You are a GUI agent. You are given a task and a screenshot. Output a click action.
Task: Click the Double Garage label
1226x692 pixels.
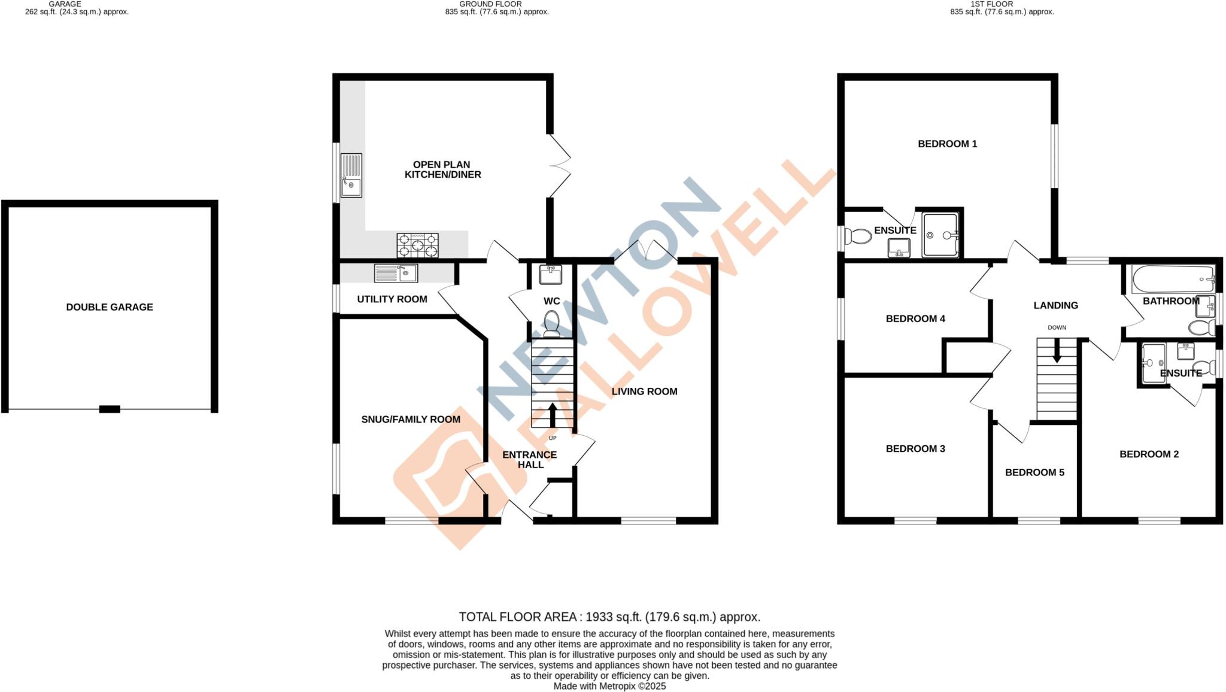point(110,307)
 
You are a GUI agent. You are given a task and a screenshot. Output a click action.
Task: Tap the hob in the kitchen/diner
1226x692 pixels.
point(417,245)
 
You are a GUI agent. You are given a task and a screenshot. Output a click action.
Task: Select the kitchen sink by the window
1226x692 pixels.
point(351,175)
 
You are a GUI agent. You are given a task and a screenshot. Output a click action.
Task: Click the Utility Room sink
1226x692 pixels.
point(396,273)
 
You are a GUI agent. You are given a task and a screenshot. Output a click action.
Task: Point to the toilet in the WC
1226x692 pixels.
point(551,322)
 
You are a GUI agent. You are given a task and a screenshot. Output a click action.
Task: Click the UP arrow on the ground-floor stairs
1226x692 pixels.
point(552,414)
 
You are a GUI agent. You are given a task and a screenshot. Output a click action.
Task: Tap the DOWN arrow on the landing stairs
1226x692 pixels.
point(1057,351)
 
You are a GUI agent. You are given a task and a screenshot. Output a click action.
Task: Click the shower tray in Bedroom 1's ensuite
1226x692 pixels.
point(940,235)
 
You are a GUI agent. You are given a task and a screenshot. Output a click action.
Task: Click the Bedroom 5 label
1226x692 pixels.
point(1034,472)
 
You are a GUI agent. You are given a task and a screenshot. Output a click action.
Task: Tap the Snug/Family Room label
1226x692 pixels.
point(411,420)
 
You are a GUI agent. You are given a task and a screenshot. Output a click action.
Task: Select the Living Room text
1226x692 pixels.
point(644,391)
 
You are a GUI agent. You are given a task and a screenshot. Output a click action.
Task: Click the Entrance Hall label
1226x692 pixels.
point(530,460)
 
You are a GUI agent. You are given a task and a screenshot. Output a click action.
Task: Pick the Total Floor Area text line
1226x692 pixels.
point(609,617)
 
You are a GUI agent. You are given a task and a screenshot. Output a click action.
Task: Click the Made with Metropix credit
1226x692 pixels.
point(609,686)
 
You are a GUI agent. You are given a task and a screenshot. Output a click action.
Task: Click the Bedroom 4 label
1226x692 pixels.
point(915,318)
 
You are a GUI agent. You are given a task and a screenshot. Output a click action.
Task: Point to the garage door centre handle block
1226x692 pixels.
point(110,409)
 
